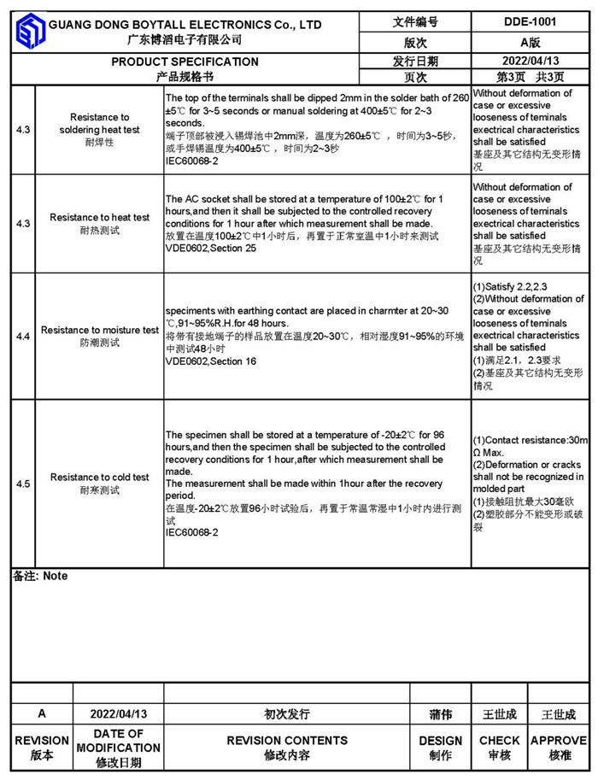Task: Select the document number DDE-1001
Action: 530,22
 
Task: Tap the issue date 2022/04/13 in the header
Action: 530,61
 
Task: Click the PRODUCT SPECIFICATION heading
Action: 185,62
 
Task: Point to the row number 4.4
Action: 23,337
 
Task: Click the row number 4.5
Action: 23,484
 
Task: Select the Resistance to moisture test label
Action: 100,330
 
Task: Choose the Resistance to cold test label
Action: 100,478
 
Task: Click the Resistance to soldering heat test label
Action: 100,124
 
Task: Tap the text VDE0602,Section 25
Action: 210,248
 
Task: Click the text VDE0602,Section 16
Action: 210,361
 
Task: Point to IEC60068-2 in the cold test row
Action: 192,532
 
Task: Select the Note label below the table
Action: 40,577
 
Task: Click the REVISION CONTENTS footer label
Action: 287,741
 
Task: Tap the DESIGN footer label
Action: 441,741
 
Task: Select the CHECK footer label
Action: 500,741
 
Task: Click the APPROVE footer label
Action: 559,741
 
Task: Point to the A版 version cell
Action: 530,42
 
